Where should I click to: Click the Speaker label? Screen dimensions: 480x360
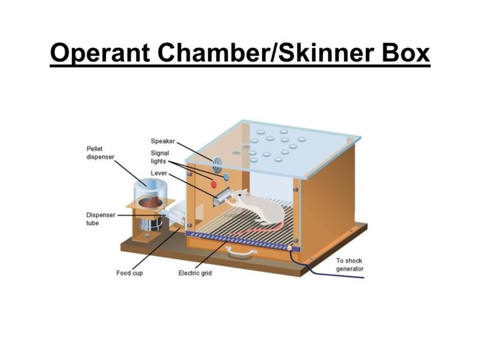tap(163, 141)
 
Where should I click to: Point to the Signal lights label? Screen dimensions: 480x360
tap(160, 157)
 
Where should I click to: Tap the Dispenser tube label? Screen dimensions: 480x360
tap(100, 219)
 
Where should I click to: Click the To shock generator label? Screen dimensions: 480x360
tap(349, 265)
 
